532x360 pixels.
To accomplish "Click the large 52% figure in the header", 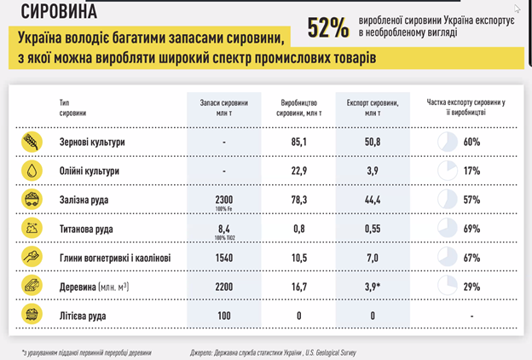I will tap(328, 29).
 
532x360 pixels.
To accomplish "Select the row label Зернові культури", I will tap(92, 142).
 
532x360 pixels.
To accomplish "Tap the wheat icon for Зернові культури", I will tap(32, 142).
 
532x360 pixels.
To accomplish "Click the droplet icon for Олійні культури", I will tap(32, 171).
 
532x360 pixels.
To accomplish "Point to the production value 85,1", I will tap(298, 142).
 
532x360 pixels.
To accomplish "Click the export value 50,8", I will tap(372, 142).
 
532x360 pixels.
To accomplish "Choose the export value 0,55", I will tap(372, 229).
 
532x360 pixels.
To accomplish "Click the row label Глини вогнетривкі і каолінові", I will tap(116, 258).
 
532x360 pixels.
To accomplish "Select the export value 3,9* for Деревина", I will tap(373, 287).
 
